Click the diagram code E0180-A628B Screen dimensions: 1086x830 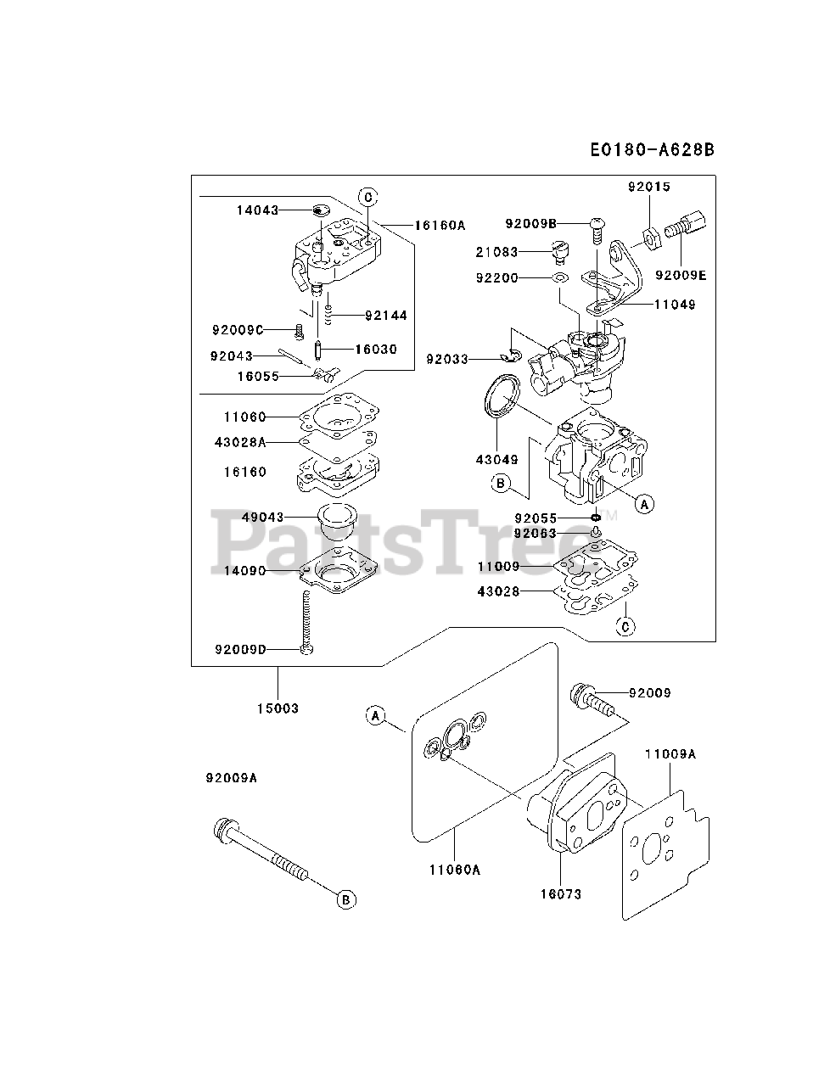point(652,150)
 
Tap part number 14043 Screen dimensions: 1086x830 point(257,210)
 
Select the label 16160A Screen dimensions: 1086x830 point(440,226)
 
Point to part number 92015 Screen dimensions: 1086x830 point(649,186)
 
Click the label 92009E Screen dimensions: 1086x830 point(679,275)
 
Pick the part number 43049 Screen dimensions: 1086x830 point(496,459)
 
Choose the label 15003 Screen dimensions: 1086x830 point(278,708)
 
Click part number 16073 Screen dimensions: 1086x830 point(561,893)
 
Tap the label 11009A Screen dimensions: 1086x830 point(670,753)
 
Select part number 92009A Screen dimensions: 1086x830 point(230,777)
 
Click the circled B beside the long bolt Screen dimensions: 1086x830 point(346,899)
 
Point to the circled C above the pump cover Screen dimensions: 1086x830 point(367,197)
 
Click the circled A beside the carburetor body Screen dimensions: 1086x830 point(645,504)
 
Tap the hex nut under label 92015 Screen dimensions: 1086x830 point(649,236)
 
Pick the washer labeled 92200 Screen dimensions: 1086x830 point(560,277)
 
